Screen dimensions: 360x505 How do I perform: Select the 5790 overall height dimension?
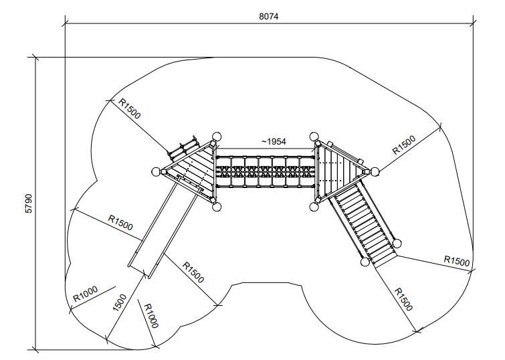point(28,203)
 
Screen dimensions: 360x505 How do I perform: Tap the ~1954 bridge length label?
point(274,142)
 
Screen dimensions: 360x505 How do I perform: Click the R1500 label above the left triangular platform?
point(130,108)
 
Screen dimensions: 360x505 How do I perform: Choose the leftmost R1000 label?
point(86,294)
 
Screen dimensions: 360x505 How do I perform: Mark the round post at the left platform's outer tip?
point(157,171)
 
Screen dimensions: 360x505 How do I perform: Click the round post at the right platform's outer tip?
point(373,171)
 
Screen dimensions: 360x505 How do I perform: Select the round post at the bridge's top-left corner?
point(215,136)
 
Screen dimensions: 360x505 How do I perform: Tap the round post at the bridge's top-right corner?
point(315,137)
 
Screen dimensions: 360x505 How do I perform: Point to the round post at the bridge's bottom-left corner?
point(216,207)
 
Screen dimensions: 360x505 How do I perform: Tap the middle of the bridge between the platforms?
point(266,171)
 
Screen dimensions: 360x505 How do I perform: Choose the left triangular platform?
point(192,171)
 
